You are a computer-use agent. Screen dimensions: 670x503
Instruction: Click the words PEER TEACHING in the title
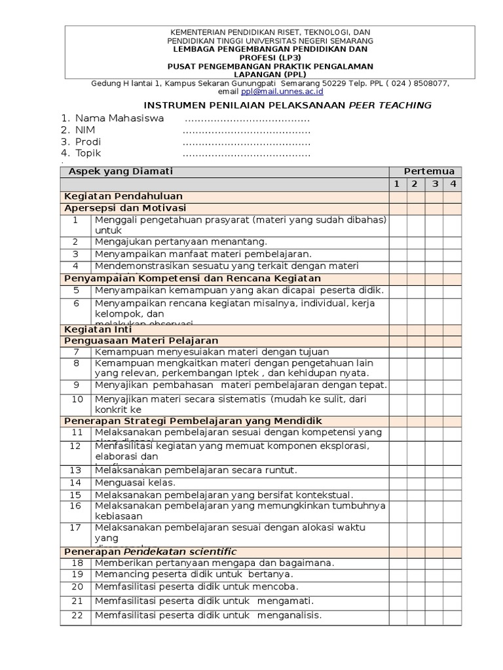(x=390, y=105)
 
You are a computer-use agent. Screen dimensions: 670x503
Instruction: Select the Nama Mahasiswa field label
(x=119, y=118)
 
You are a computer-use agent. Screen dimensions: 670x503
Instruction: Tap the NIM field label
(x=85, y=130)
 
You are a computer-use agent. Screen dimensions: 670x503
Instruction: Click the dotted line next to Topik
(x=246, y=154)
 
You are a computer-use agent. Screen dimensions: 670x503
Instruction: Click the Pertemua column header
(x=428, y=171)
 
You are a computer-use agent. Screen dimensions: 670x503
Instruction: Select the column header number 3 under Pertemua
(x=434, y=184)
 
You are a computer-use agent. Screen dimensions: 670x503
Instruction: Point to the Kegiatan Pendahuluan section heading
(x=123, y=196)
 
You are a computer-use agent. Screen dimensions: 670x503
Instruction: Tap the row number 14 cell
(x=76, y=482)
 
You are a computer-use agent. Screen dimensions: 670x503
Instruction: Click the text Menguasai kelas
(x=136, y=482)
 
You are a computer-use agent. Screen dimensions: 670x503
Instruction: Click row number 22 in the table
(x=77, y=616)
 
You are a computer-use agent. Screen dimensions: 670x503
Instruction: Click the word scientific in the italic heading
(x=211, y=552)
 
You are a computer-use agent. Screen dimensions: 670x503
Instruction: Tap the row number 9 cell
(x=76, y=385)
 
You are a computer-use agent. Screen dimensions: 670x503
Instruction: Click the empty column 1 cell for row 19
(x=397, y=574)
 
